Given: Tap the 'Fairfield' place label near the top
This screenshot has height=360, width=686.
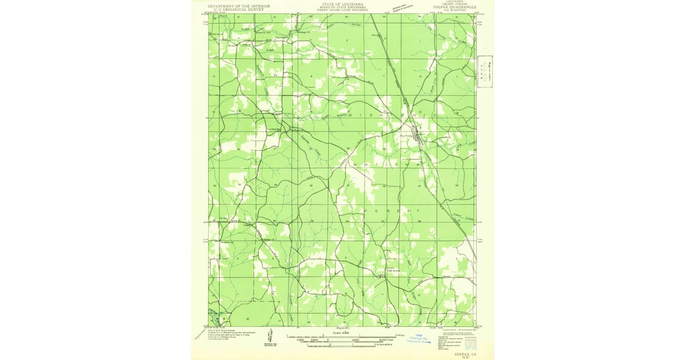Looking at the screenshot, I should coord(281,37).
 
